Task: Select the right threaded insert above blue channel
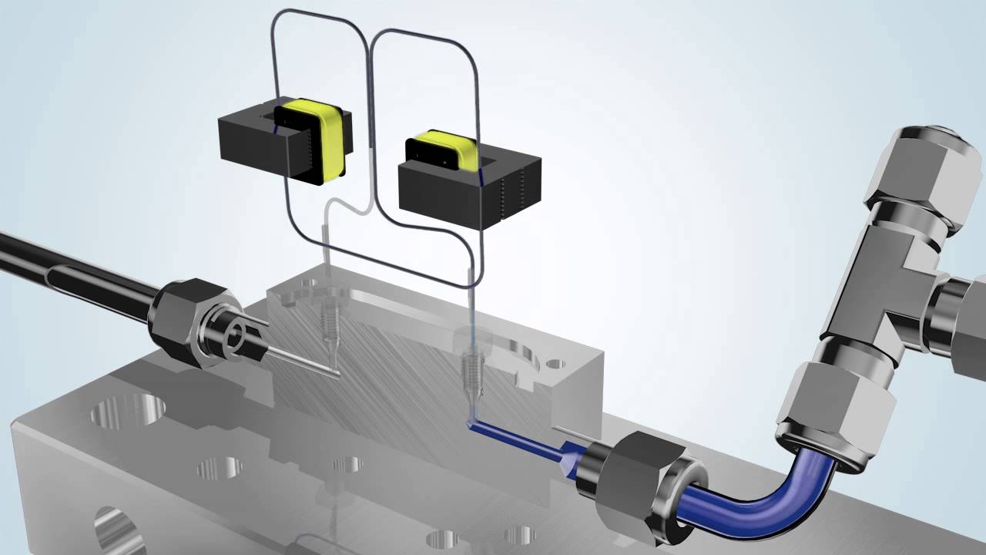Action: (x=472, y=370)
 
